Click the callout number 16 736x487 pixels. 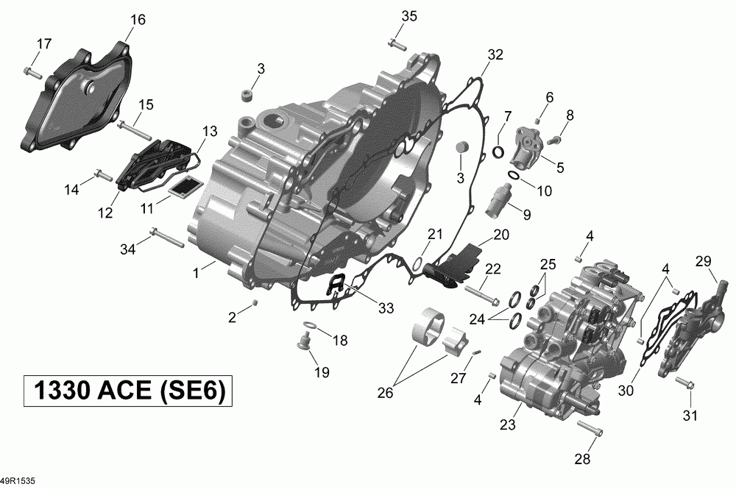coord(138,20)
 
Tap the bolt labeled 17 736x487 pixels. coord(32,73)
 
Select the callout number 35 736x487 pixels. coord(408,16)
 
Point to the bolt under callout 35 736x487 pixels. coord(397,45)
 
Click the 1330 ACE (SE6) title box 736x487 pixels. coord(128,391)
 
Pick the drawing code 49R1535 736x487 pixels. coord(18,481)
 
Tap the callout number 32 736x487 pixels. coord(495,55)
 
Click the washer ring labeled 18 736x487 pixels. coord(310,325)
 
